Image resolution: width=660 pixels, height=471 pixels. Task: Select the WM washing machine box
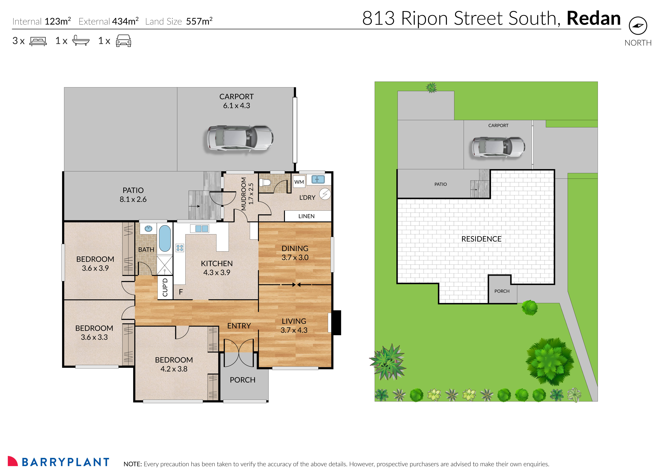pyautogui.click(x=299, y=182)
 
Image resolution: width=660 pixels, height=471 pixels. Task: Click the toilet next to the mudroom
pyautogui.click(x=265, y=182)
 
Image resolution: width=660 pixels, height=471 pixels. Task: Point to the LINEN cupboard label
pyautogui.click(x=306, y=216)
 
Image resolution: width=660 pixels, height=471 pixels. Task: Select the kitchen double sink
pyautogui.click(x=202, y=229)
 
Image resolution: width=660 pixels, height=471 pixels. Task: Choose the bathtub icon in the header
pyautogui.click(x=81, y=41)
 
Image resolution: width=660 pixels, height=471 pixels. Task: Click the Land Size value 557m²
pyautogui.click(x=199, y=21)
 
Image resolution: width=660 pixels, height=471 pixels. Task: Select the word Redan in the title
pyautogui.click(x=593, y=19)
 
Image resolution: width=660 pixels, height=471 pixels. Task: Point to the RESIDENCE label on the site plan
pyautogui.click(x=481, y=239)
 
